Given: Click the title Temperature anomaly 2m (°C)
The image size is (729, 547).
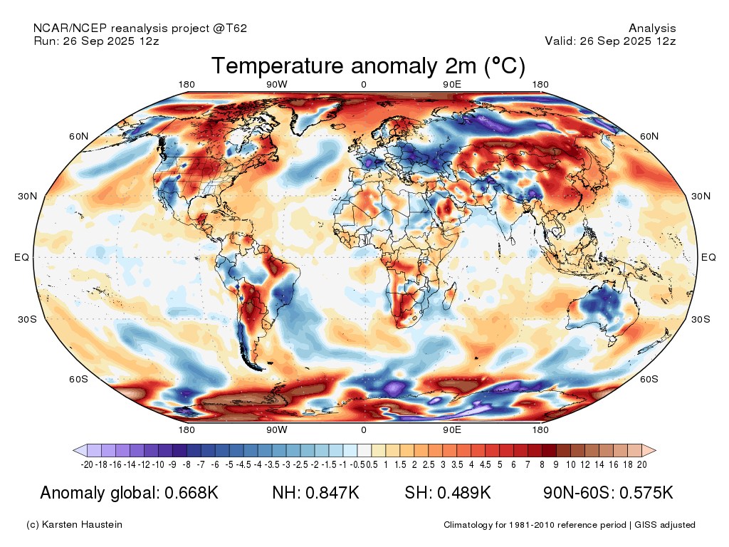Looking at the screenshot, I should (x=368, y=66).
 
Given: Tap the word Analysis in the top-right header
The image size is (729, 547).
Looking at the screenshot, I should (x=652, y=28).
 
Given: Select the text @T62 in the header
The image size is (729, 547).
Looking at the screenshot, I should (x=231, y=28).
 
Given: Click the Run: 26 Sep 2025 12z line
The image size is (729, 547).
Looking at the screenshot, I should (x=96, y=41).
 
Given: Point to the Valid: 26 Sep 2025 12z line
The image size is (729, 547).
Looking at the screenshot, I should (x=610, y=41).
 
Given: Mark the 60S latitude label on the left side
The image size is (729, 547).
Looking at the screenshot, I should (x=78, y=379).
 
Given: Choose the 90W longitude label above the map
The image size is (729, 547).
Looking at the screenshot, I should (x=276, y=85).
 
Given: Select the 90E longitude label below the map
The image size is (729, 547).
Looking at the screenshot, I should (x=453, y=430).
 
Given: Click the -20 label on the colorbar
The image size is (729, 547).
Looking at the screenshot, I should (x=88, y=464).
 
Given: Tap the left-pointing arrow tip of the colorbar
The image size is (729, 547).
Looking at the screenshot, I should (x=76, y=450).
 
